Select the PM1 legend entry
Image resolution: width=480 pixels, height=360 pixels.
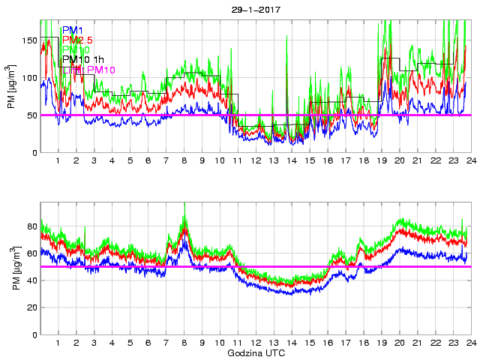tap(72, 30)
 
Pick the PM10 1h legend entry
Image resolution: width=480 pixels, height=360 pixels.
tap(85, 59)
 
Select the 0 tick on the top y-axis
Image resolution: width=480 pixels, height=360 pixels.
tap(34, 153)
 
